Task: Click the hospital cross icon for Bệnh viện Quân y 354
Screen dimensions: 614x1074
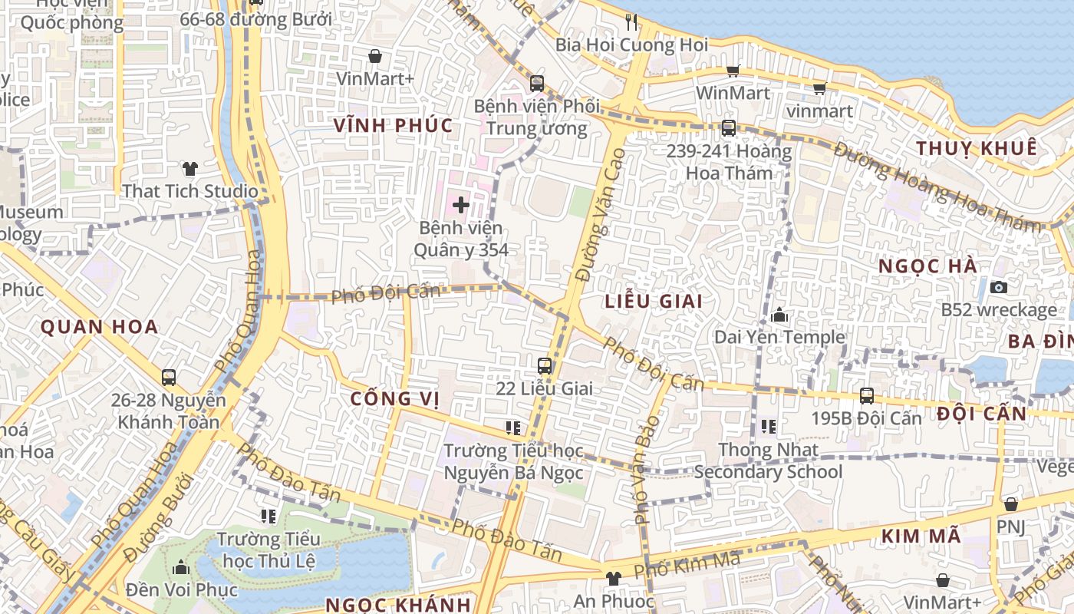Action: pyautogui.click(x=461, y=205)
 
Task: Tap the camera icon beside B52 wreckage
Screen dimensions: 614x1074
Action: pyautogui.click(x=998, y=287)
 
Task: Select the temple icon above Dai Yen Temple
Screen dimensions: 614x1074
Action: pyautogui.click(x=779, y=315)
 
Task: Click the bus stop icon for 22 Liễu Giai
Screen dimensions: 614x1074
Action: pyautogui.click(x=545, y=365)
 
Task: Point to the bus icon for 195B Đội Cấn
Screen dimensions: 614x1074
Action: pyautogui.click(x=867, y=395)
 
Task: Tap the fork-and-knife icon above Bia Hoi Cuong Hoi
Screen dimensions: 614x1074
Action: pyautogui.click(x=631, y=21)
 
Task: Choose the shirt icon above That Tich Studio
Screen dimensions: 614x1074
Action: pyautogui.click(x=189, y=168)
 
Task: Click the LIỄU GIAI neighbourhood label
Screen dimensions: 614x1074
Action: pyautogui.click(x=654, y=301)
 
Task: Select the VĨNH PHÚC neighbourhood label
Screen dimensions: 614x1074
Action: pyautogui.click(x=394, y=125)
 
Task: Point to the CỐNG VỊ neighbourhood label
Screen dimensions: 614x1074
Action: pyautogui.click(x=394, y=399)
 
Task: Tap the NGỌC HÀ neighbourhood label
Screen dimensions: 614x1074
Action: pyautogui.click(x=927, y=266)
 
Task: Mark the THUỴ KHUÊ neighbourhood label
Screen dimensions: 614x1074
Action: pyautogui.click(x=977, y=148)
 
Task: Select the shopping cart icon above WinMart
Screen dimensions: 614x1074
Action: pyautogui.click(x=733, y=71)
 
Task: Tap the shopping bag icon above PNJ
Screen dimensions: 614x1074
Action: pyautogui.click(x=1011, y=504)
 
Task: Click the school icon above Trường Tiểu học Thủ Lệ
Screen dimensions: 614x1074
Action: pyautogui.click(x=268, y=516)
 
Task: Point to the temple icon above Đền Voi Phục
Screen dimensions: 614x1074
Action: pyautogui.click(x=181, y=567)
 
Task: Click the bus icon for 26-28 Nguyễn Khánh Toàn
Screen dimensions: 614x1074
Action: pyautogui.click(x=169, y=377)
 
